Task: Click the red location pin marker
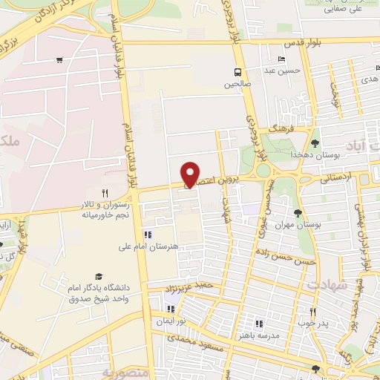pos(191,173)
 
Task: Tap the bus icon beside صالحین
pos(237,72)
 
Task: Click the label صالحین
pos(237,84)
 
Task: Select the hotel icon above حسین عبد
pos(281,60)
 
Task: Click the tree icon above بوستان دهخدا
pos(315,142)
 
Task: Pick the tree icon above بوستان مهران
pos(298,213)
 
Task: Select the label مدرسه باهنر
pos(264,335)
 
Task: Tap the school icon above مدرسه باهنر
pos(259,324)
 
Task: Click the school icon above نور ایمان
pos(171,309)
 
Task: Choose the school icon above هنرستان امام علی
pos(147,235)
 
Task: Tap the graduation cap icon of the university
pos(99,276)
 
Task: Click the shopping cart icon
pos(59,60)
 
